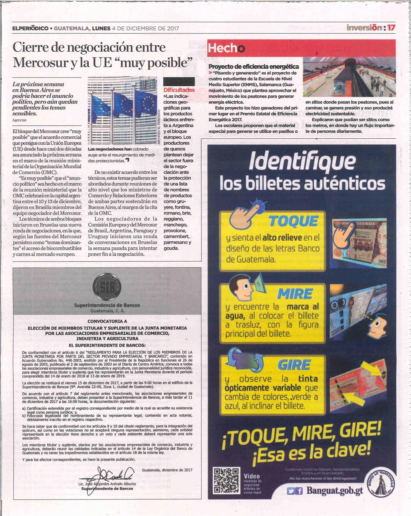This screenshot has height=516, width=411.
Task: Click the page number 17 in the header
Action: click(x=391, y=28)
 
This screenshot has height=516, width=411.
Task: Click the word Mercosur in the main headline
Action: click(x=35, y=62)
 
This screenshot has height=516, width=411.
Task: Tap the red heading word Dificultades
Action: click(x=179, y=90)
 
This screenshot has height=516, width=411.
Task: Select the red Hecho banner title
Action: click(x=226, y=48)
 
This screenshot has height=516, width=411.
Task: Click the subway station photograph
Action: click(x=349, y=76)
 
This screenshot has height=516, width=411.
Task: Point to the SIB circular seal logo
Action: click(x=106, y=286)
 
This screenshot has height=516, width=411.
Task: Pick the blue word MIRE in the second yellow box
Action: click(x=295, y=294)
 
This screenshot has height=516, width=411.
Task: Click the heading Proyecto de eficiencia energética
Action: click(x=253, y=67)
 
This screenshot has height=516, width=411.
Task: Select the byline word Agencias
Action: click(x=19, y=120)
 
